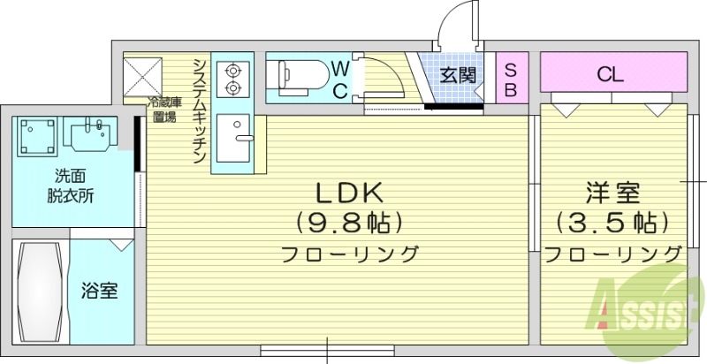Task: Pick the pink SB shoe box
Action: point(511,79)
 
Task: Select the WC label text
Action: point(340,78)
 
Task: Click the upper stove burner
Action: point(233,68)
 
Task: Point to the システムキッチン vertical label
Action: point(200,108)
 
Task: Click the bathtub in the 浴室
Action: point(39,292)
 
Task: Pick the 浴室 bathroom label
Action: point(100,291)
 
